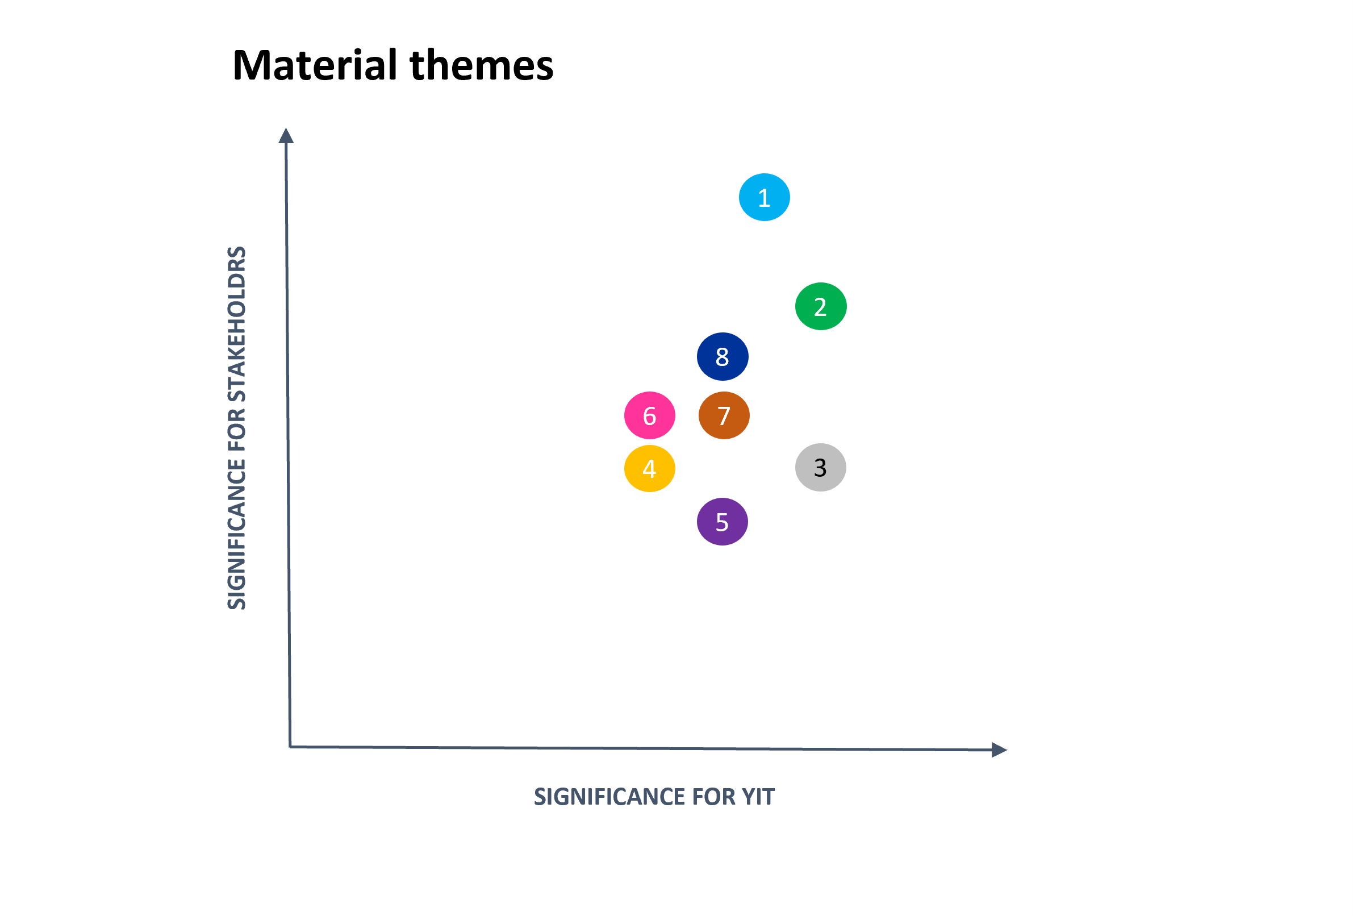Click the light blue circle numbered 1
(764, 197)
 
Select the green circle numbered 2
(820, 306)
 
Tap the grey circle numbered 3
(820, 467)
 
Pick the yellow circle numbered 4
(649, 468)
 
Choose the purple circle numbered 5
(722, 522)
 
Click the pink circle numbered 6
(649, 415)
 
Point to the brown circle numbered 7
(724, 415)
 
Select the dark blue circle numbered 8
(722, 356)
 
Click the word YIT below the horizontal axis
(757, 797)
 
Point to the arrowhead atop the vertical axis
(286, 136)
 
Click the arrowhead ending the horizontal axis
(999, 750)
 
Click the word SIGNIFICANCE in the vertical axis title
(237, 535)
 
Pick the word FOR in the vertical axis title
(237, 430)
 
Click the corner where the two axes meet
(290, 747)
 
